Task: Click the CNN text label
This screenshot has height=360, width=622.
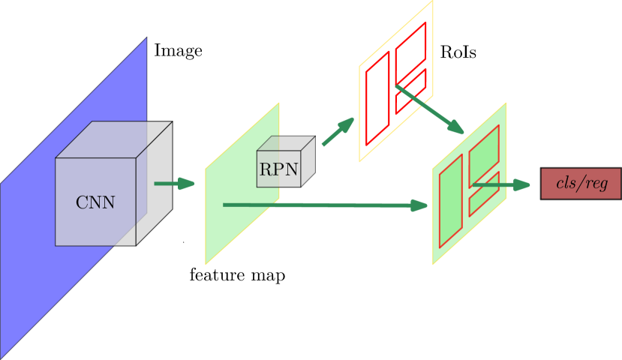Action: tap(95, 202)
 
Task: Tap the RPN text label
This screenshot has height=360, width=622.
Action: tap(278, 169)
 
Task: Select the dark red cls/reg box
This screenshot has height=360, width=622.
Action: tap(581, 184)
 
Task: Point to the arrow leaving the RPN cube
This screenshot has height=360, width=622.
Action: tap(338, 131)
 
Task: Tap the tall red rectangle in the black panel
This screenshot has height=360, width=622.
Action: tap(377, 98)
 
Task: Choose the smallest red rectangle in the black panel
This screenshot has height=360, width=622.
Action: tap(410, 91)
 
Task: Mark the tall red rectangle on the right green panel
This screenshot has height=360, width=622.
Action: tap(450, 200)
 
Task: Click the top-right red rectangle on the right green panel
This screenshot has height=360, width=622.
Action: tap(484, 155)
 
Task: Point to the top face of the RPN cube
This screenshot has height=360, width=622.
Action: tap(285, 143)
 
